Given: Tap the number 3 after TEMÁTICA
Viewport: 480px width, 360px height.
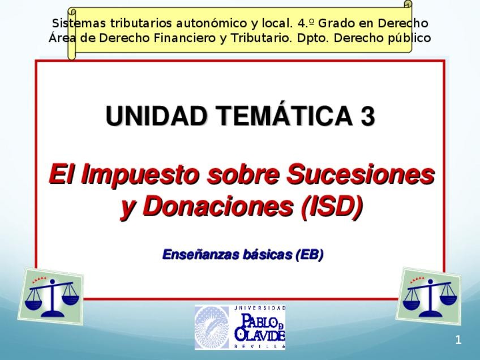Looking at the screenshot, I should (x=367, y=117).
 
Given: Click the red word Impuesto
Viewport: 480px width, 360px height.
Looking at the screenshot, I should (x=140, y=174).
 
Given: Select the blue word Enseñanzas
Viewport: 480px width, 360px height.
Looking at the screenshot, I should (x=198, y=255).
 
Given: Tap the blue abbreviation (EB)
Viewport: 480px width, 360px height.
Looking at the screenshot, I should (x=309, y=255).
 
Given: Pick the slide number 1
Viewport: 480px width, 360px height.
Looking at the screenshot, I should (x=458, y=340).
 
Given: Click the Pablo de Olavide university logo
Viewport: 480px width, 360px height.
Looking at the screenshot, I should (x=241, y=327).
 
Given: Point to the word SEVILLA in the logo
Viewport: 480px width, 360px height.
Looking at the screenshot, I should (x=260, y=345).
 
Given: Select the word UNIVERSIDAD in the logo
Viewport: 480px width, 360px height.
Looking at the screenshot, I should (x=260, y=308).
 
